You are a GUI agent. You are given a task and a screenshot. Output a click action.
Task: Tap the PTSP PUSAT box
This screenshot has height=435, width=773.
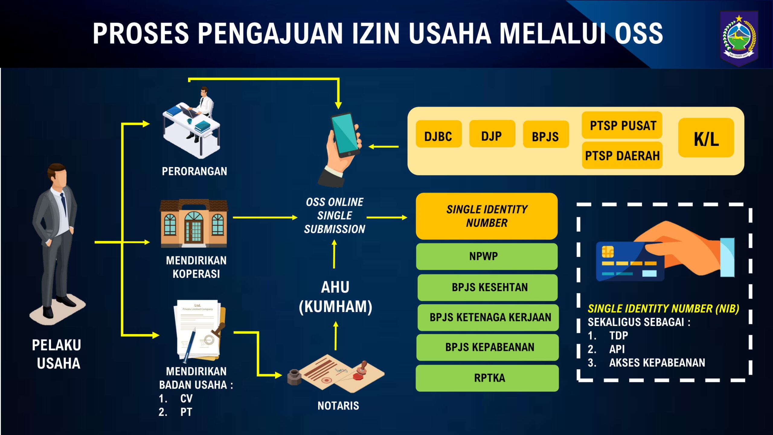coord(622,125)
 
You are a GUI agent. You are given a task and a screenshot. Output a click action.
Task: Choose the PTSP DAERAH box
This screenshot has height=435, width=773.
coord(622,155)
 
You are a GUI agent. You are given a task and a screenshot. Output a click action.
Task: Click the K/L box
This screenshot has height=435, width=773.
coord(706,138)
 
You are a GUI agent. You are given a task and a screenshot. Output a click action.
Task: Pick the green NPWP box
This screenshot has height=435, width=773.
coord(486,256)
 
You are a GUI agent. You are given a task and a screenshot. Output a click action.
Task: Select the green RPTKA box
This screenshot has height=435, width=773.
coord(487,378)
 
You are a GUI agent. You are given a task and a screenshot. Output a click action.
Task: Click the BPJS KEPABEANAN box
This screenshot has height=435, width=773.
coord(488,347)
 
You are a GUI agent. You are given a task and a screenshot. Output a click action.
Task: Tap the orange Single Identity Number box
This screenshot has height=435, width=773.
coord(486,216)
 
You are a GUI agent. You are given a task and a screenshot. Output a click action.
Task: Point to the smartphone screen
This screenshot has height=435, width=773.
coord(345,134)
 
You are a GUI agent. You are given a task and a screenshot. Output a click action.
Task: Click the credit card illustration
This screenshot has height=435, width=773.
coord(630,262)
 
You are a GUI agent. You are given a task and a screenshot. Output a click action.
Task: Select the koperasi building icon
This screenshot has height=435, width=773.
coord(194,223)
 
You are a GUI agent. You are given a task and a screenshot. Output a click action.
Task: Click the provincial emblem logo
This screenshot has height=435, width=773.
coord(739,38)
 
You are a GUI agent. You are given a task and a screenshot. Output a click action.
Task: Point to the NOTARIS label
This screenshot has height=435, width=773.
coord(338,406)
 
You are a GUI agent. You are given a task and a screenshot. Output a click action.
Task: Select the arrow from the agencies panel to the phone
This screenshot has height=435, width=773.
coord(383,147)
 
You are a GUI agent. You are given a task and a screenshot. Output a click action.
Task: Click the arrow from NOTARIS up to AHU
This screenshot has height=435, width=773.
coord(335,336)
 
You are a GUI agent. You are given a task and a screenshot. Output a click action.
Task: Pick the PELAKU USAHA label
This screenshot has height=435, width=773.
coord(57,354)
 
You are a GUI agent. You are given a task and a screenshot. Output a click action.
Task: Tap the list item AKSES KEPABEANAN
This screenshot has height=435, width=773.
coord(657,362)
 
